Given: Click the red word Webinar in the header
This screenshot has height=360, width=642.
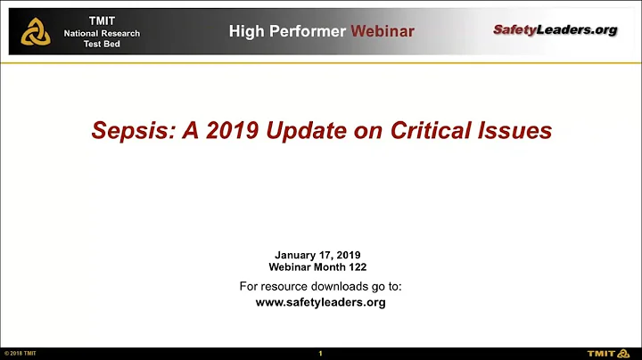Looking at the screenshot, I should coord(383,31).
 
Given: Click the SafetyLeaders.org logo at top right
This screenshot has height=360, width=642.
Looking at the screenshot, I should coord(555,30).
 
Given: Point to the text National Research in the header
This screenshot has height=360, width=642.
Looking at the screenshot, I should coord(102,34).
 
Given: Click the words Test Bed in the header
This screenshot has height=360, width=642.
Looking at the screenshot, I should coord(102,45).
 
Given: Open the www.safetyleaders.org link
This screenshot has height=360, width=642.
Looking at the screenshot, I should coord(320,302).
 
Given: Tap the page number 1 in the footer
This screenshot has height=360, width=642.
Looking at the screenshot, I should coord(320,354).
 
